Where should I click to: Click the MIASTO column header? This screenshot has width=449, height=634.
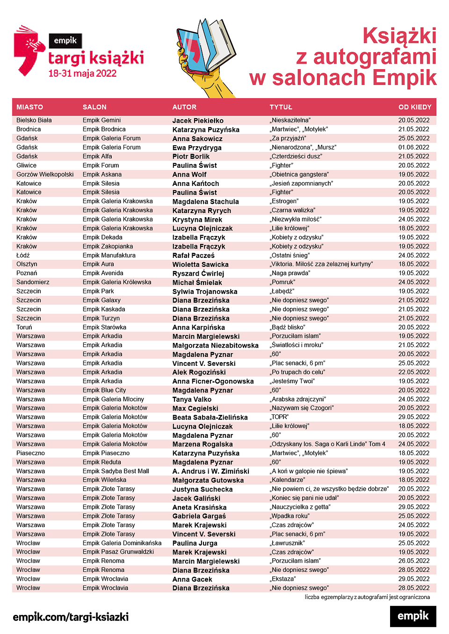[29, 107]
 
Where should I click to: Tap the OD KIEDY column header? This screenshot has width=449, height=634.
[414, 107]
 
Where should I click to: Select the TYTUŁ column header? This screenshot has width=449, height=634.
[281, 107]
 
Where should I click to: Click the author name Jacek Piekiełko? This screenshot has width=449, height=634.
[198, 121]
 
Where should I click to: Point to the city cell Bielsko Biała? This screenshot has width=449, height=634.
[34, 120]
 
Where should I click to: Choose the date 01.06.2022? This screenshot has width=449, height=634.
[413, 147]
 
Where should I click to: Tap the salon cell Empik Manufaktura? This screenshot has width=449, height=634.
[109, 255]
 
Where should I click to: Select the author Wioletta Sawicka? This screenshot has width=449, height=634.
[200, 264]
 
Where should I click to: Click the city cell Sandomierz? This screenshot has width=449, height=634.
[33, 282]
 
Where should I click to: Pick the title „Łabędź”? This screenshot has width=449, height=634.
[282, 291]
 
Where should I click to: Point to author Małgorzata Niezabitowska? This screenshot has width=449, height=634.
[215, 345]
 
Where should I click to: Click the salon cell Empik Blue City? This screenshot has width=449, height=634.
[104, 390]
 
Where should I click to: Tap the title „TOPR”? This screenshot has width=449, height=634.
[279, 417]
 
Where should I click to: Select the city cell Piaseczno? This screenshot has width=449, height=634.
[31, 453]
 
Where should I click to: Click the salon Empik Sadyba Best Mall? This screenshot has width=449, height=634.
[116, 471]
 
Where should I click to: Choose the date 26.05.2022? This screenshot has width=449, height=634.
[413, 561]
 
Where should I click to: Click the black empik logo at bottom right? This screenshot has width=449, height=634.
[413, 616]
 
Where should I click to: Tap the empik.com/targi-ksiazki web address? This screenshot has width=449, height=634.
[71, 617]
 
